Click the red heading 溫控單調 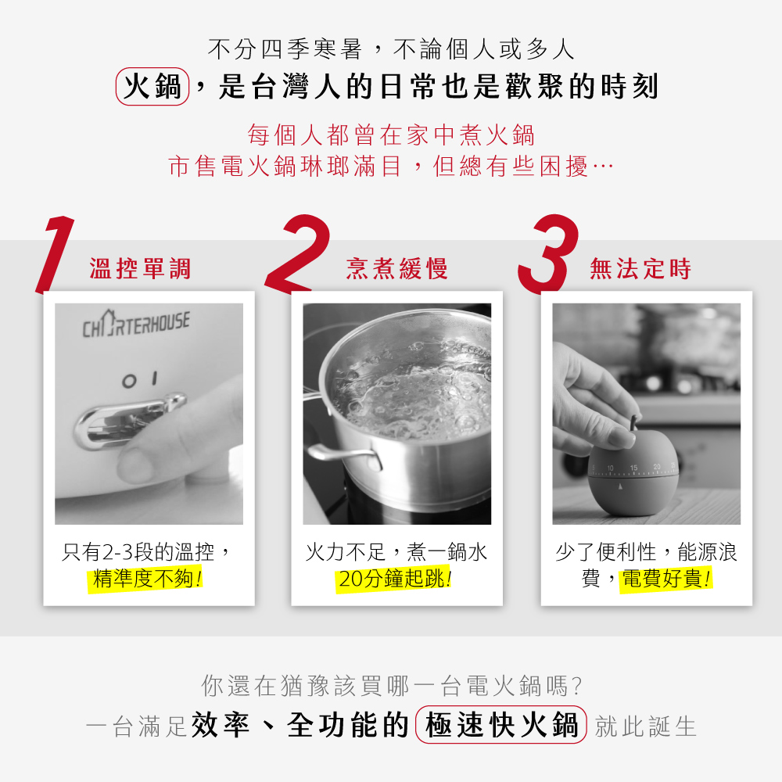click(x=141, y=270)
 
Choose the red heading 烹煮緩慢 click(x=397, y=270)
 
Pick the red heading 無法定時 click(x=641, y=270)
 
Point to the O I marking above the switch click(x=141, y=379)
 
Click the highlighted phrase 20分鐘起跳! click(x=396, y=579)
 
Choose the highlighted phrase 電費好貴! click(x=665, y=579)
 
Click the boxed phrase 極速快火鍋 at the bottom click(x=501, y=726)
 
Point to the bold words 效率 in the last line click(x=221, y=726)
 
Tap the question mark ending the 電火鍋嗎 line click(x=576, y=687)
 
